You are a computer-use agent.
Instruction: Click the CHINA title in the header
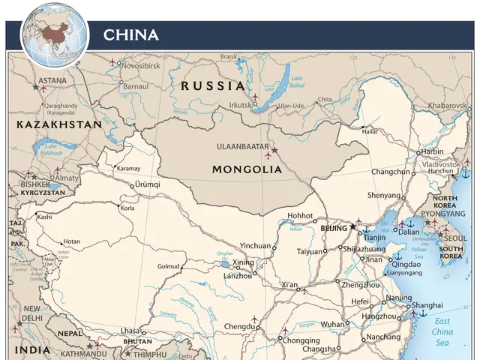[x=130, y=34]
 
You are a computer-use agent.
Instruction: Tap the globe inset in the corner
[x=54, y=34]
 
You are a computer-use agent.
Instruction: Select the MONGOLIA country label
[x=247, y=169]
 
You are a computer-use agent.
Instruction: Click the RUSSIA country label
[x=213, y=85]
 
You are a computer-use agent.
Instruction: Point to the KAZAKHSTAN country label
[x=59, y=124]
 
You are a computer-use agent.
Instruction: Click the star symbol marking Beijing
[x=353, y=226]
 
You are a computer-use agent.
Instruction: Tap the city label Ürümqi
[x=148, y=184]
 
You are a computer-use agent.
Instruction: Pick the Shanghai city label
[x=427, y=305]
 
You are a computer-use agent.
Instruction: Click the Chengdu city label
[x=238, y=326]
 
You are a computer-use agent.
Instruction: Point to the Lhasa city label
[x=130, y=331]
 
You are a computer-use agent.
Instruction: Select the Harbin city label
[x=432, y=151]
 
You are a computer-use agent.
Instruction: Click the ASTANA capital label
[x=52, y=80]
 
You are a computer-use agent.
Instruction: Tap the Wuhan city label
[x=332, y=324]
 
